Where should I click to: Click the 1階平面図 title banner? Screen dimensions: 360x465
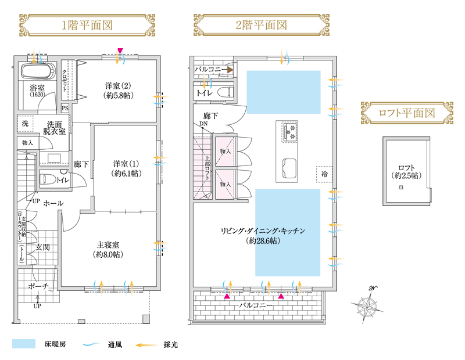pos(87,25)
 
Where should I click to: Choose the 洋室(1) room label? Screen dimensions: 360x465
pos(126,168)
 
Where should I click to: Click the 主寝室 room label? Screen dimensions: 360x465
pos(109,249)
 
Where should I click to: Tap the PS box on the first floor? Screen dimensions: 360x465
pos(65,108)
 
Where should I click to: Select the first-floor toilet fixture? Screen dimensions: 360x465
pos(47,180)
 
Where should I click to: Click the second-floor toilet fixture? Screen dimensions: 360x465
pos(223,92)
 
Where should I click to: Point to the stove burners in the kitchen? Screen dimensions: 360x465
pos(289,132)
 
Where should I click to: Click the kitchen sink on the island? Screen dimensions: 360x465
pos(289,168)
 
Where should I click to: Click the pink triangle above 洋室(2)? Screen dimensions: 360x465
pos(120,52)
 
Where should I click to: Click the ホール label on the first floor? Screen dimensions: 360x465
pos(53,203)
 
